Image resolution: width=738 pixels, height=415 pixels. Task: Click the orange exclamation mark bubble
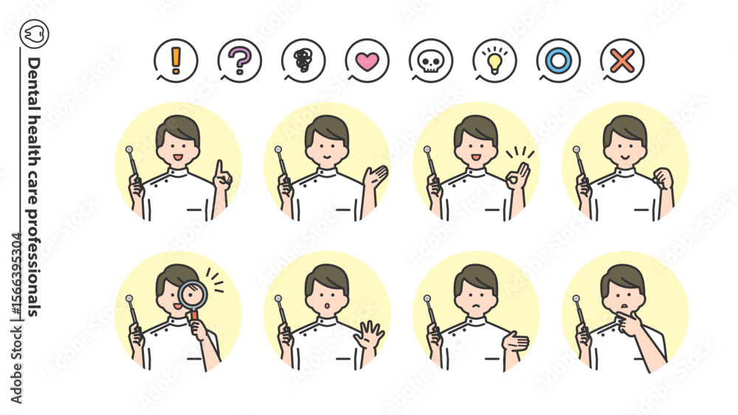176,60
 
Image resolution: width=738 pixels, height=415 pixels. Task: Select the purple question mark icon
240,60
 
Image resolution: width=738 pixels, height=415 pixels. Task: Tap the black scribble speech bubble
303,60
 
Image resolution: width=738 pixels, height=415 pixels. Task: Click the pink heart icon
367,60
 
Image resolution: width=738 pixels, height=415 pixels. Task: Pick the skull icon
431,60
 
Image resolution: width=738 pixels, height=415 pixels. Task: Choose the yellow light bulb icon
494,60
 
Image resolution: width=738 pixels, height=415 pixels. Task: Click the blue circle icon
558,60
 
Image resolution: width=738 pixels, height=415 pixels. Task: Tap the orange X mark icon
622,60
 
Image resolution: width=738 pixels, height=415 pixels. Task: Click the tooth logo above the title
35,34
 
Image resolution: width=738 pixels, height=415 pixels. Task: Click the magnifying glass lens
193,295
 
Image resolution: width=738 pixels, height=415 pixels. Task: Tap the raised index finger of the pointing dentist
219,168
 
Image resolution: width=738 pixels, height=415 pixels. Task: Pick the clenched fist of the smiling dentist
663,178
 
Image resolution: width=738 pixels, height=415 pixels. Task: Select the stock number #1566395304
16,276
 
